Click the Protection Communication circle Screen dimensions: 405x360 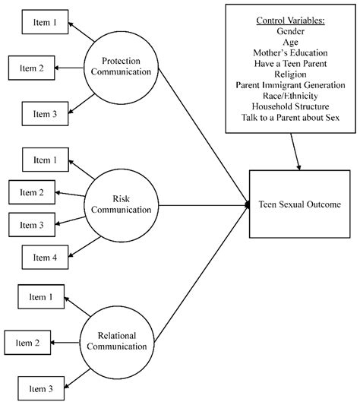(119, 68)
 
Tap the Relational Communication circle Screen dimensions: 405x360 (122, 340)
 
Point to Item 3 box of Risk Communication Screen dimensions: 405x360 (32, 224)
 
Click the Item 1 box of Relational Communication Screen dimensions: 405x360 (41, 297)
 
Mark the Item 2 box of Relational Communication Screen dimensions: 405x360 (28, 343)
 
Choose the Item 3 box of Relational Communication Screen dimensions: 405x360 (42, 389)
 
